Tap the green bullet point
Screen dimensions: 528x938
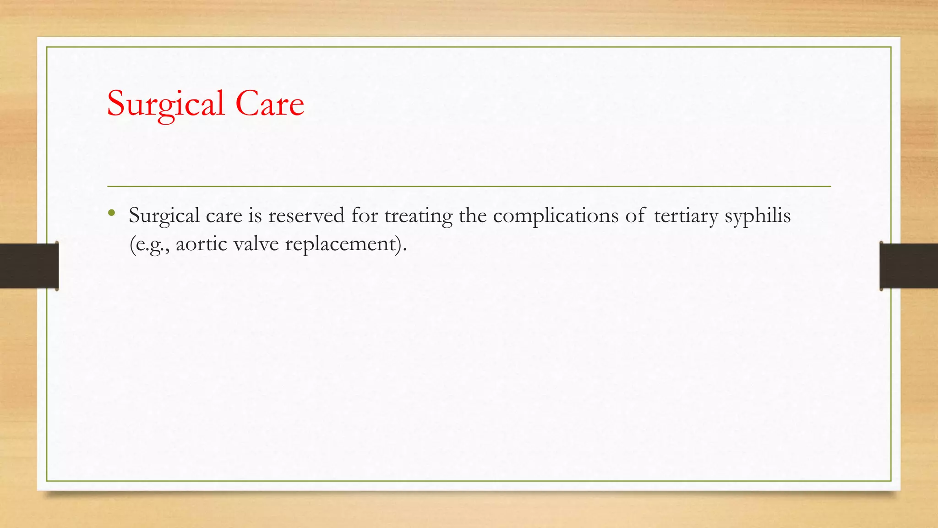[x=111, y=213]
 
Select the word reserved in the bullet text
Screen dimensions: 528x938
[x=306, y=215]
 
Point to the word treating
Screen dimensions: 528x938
[x=418, y=216]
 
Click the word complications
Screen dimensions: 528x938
[x=556, y=216]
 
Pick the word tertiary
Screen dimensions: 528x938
[x=686, y=216]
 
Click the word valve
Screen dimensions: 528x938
[x=256, y=244]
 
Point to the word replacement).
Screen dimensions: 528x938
[x=346, y=244]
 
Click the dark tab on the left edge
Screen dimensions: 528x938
[x=29, y=266]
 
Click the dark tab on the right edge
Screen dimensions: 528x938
[x=909, y=266]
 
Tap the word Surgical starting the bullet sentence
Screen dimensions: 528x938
[x=164, y=216]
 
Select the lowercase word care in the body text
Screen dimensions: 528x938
[x=224, y=216]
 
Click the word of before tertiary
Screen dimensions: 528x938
[x=636, y=215]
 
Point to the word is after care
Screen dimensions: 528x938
[x=255, y=215]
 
